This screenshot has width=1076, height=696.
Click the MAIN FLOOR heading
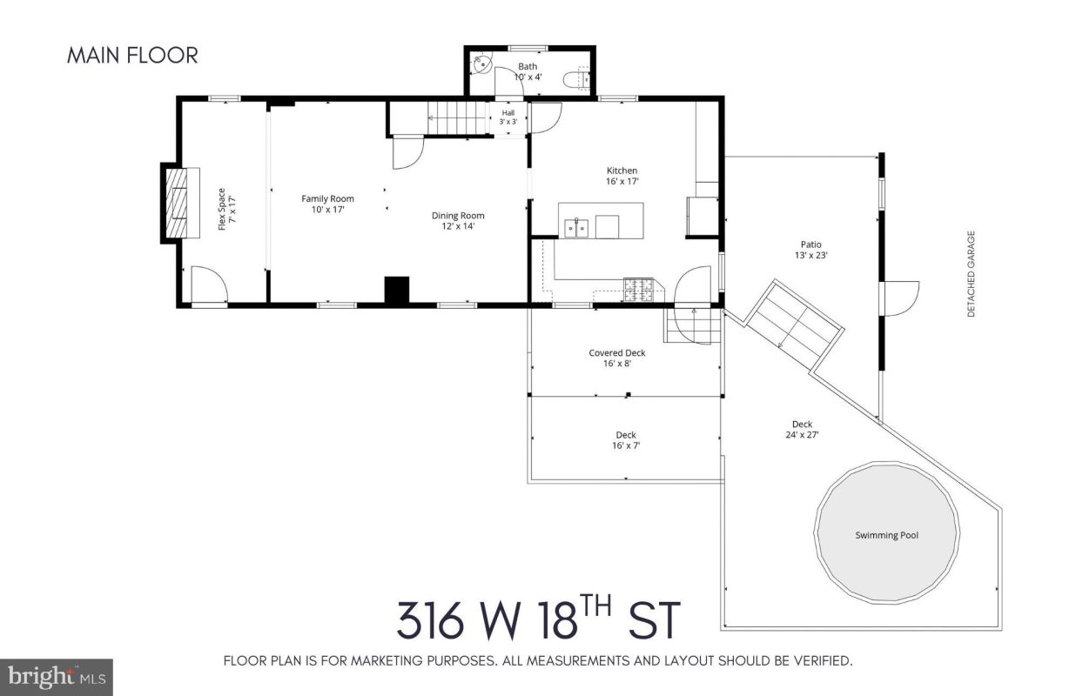pos(132,55)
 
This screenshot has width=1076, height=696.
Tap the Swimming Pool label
pos(886,535)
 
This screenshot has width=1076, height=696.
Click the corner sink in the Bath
pos(481,64)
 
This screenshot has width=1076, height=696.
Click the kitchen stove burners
pos(638,290)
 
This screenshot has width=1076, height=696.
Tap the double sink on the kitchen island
pos(576,228)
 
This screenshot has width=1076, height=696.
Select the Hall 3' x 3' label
pos(508,117)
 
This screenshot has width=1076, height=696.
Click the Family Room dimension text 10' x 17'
pos(327,210)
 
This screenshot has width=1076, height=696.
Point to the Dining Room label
pos(458,216)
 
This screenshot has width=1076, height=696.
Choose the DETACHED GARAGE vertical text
pos(972,274)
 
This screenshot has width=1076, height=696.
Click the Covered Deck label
pos(616,353)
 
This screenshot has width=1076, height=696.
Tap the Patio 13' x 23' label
pos(810,250)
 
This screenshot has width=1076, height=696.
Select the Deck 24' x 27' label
pos(802,430)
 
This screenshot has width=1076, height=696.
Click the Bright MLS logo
pos(57,677)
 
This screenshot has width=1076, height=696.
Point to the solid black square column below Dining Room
pos(397,290)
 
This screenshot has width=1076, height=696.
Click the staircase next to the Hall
pos(458,118)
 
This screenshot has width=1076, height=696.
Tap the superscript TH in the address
pos(595,606)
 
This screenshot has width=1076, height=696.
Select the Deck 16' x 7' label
pos(625,440)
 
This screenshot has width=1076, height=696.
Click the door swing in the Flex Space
pos(210,284)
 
